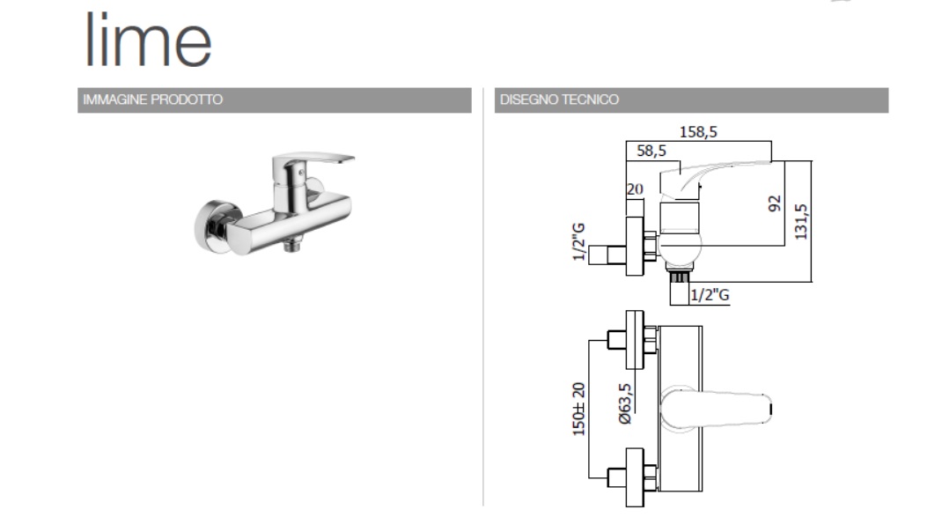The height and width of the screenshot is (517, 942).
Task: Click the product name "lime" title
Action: (149, 40)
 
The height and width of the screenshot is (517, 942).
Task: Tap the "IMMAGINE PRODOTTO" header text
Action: (152, 100)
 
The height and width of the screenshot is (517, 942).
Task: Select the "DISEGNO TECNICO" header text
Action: (559, 100)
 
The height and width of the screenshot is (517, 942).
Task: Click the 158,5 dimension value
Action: (698, 131)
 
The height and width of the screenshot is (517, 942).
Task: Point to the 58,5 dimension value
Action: (651, 151)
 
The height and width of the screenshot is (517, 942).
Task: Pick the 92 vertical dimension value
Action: (775, 203)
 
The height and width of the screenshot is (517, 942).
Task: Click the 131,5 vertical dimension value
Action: (801, 222)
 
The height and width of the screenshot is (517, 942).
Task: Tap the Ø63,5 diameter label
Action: (625, 403)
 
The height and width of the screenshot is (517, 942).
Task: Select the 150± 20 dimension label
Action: (578, 409)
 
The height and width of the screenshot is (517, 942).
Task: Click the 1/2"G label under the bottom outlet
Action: (710, 294)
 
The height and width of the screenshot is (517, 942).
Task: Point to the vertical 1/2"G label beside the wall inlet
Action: (578, 241)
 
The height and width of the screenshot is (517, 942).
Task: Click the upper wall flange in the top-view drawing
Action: (635, 340)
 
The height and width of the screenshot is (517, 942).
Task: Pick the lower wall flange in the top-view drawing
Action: (635, 477)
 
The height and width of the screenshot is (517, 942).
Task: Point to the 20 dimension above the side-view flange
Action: (635, 189)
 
